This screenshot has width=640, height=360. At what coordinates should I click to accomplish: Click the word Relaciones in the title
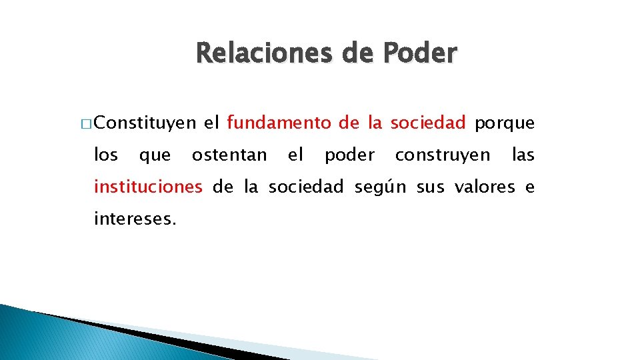point(261,53)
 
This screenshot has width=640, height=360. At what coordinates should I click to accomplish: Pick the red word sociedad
point(427,123)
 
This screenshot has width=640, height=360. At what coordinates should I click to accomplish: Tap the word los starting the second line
point(106,155)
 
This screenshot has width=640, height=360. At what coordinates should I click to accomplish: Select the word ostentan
point(229,155)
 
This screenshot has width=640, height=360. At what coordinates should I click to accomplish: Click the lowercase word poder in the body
point(349,156)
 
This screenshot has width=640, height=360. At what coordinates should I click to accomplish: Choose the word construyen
point(442,156)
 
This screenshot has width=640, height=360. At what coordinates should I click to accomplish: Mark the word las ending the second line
point(523,155)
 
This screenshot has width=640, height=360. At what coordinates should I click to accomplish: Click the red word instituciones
point(148,187)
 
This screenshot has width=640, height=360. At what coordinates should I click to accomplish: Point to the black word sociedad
point(306,187)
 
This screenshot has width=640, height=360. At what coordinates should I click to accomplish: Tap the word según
point(380,188)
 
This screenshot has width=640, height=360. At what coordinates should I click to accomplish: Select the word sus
point(430,188)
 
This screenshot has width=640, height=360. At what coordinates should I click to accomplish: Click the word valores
point(484,187)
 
